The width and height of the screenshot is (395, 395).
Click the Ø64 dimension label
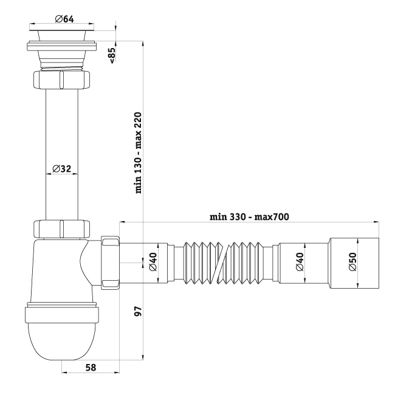[64, 19]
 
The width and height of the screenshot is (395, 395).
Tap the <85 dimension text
[112, 55]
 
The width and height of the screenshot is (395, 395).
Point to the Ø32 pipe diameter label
[62, 168]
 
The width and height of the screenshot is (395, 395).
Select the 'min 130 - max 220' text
[139, 153]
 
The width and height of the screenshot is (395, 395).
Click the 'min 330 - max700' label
[249, 217]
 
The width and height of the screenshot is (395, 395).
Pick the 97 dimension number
[139, 311]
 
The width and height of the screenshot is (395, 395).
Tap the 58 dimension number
[91, 368]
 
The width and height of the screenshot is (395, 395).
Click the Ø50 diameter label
[352, 262]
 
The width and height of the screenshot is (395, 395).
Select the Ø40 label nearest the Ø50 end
[300, 262]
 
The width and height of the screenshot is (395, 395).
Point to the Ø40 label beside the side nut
[153, 262]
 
